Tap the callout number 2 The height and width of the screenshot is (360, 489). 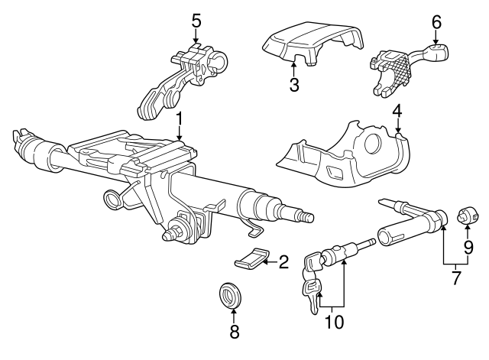(x=283, y=263)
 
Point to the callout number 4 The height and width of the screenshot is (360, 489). (x=397, y=111)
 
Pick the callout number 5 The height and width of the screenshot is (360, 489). (x=196, y=20)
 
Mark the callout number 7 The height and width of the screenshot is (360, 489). (x=456, y=277)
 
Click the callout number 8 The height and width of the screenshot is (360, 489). (x=235, y=331)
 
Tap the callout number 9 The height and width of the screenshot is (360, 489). (x=468, y=247)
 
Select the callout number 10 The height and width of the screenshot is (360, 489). (x=333, y=323)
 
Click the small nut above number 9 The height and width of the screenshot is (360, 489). (x=465, y=217)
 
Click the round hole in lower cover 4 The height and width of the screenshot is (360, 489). (x=374, y=143)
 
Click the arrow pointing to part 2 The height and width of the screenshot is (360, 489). (x=268, y=262)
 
